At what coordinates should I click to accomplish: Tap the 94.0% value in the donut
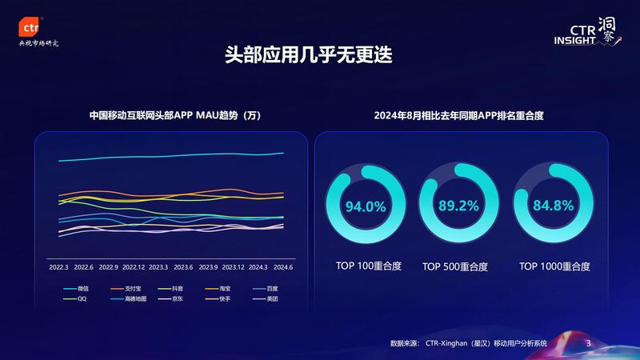[366, 206]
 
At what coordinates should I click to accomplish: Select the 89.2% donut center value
[458, 206]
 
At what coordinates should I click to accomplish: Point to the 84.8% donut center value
[554, 206]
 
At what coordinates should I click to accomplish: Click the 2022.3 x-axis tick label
[58, 267]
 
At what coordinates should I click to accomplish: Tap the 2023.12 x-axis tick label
[233, 267]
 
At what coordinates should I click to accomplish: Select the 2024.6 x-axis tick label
[282, 267]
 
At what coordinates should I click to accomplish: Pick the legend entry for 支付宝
[133, 287]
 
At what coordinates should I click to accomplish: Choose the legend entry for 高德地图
[135, 298]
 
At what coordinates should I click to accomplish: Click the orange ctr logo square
[32, 26]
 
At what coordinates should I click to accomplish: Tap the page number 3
[588, 343]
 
